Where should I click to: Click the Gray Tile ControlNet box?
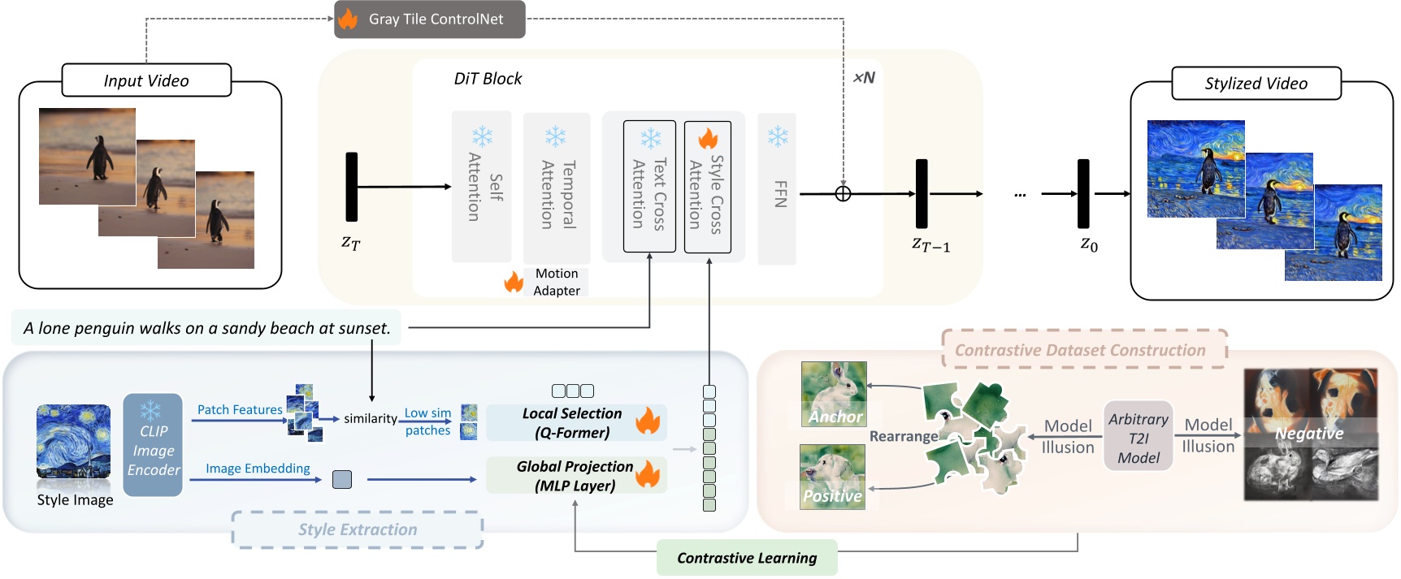[430, 19]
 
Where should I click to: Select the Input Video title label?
[146, 80]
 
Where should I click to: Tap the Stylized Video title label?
[1256, 84]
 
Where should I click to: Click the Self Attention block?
[482, 187]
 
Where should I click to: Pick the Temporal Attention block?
[557, 187]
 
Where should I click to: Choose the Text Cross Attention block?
[649, 187]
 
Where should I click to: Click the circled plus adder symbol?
[843, 194]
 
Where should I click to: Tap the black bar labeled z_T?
[351, 187]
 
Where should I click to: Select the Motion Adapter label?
[557, 282]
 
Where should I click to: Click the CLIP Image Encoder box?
[153, 445]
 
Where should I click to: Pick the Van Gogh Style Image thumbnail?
[73, 442]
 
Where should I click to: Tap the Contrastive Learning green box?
[747, 558]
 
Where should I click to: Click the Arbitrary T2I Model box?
[1138, 438]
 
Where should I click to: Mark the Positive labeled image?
[832, 477]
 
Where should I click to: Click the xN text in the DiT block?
[864, 78]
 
